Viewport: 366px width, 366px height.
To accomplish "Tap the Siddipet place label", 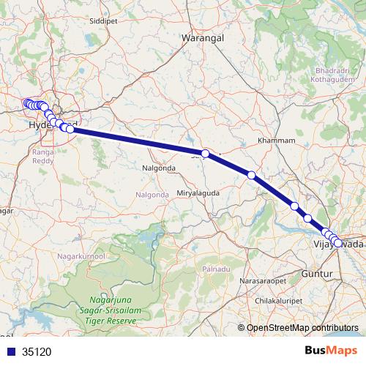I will point(102,22).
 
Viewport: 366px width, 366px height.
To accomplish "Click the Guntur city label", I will point(317,273).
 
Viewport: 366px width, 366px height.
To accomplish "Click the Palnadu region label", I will point(217,269).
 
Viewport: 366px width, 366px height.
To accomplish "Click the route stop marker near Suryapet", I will point(206,154).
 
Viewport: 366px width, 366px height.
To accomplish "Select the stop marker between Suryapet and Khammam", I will point(251,175).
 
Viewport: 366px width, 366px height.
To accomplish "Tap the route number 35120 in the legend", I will point(37,351).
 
